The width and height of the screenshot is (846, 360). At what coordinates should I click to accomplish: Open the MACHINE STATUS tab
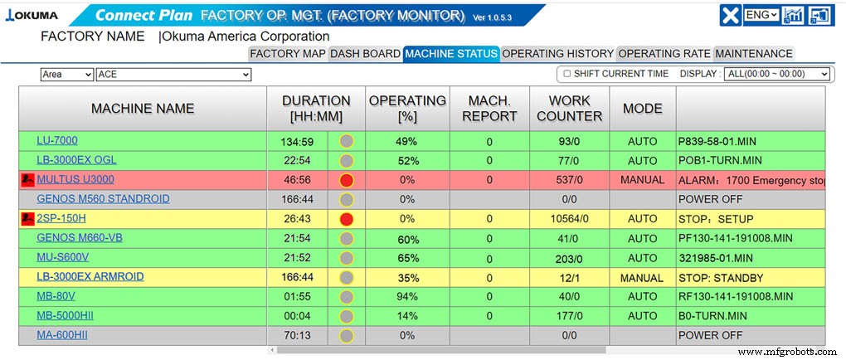[x=451, y=54]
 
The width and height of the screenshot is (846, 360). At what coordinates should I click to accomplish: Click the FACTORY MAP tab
[x=288, y=54]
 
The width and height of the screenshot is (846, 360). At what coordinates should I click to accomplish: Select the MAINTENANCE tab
[x=754, y=54]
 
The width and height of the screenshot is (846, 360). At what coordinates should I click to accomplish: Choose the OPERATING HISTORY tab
[x=558, y=54]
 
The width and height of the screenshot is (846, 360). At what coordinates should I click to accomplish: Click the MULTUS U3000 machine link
[x=75, y=179]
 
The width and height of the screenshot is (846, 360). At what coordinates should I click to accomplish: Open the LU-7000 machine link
[x=57, y=140]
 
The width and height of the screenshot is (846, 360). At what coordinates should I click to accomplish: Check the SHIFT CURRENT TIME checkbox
[x=567, y=74]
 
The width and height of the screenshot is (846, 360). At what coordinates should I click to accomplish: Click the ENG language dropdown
[x=761, y=15]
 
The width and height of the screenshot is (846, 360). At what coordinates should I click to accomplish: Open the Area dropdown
[x=67, y=75]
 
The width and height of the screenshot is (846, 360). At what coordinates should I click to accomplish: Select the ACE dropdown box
[x=173, y=75]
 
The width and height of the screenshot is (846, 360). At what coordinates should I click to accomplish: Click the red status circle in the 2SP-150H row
[x=347, y=219]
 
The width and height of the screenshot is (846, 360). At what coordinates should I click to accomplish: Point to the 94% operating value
[x=406, y=296]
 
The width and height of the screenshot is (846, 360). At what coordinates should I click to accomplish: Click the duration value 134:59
[x=297, y=141]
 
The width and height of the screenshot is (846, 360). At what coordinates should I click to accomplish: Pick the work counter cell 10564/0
[x=569, y=219]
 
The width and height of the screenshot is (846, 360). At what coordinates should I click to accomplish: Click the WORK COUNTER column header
[x=569, y=108]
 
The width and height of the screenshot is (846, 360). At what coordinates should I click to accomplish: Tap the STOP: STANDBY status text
[x=720, y=278]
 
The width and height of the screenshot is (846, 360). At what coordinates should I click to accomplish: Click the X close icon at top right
[x=730, y=16]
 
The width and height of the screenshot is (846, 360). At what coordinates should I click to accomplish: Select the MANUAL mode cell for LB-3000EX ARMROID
[x=642, y=278]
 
